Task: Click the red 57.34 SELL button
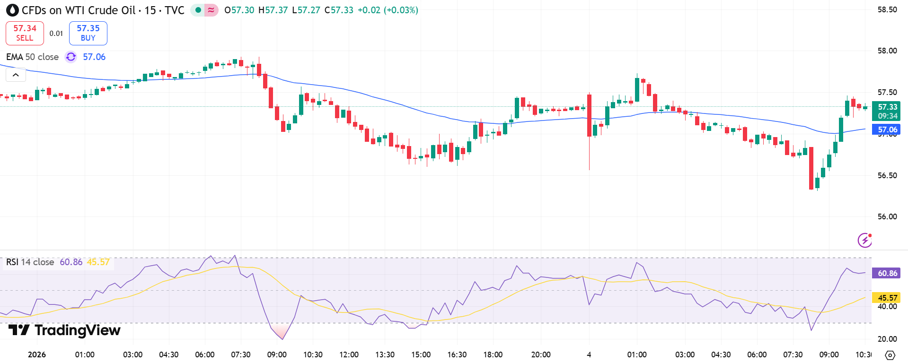tap(25, 33)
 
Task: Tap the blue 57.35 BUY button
tap(88, 33)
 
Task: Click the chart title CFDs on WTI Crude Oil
tap(79, 10)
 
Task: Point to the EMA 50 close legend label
tap(32, 57)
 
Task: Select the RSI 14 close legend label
tap(30, 262)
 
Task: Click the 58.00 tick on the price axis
tap(887, 51)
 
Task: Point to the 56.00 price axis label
tap(887, 216)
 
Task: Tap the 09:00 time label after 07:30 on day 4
tap(829, 354)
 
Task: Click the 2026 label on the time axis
tap(37, 354)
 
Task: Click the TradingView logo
tap(64, 330)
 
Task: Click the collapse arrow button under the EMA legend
tap(16, 75)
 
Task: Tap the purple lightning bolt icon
tap(864, 240)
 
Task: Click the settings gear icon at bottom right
tap(890, 355)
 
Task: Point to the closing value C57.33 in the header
tap(339, 10)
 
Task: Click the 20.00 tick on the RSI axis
tap(887, 339)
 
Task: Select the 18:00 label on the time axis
tap(493, 354)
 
